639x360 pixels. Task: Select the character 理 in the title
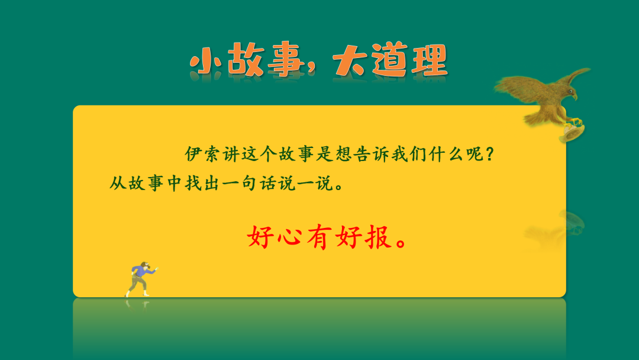(428, 61)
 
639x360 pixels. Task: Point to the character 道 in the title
(389, 61)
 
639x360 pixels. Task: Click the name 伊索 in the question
(202, 155)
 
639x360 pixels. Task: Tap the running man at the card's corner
(141, 277)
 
